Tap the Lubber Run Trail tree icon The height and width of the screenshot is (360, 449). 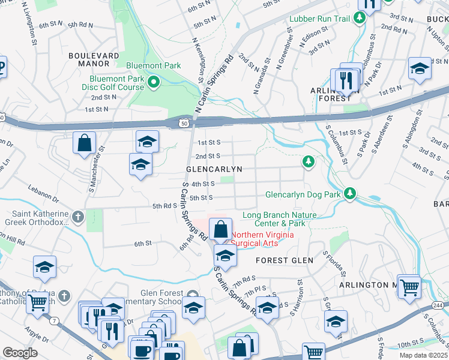[x=360, y=19]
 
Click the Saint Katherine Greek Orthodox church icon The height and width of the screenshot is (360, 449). [x=77, y=216]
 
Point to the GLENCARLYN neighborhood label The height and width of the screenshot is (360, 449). [x=214, y=170]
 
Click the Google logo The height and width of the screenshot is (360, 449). [x=20, y=353]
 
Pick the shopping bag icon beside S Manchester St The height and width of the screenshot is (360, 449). [x=85, y=143]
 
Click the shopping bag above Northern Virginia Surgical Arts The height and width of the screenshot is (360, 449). [x=221, y=229]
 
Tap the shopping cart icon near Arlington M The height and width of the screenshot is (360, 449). [x=409, y=287]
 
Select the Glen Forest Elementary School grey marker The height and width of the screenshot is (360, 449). [x=192, y=293]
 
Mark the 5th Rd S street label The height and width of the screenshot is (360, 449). [x=163, y=206]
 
